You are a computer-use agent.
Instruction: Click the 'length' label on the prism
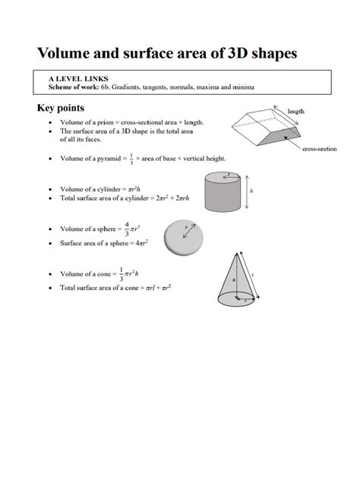click(296, 111)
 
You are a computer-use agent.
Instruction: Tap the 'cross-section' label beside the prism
click(320, 149)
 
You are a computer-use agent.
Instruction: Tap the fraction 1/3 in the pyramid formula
click(130, 159)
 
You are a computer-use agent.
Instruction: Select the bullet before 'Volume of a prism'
click(50, 122)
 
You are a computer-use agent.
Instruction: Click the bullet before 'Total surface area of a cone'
click(50, 289)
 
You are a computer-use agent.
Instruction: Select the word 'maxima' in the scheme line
click(226, 87)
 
